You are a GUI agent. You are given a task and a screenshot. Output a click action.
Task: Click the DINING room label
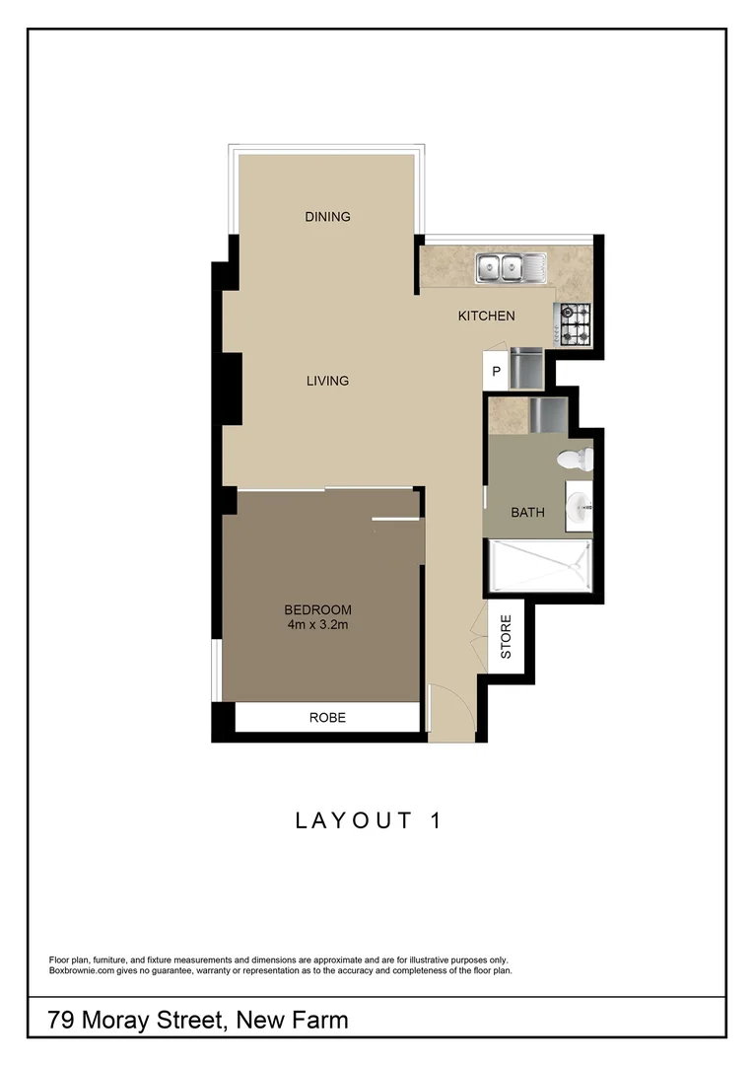coord(327,217)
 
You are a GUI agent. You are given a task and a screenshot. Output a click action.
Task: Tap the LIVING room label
coord(327,381)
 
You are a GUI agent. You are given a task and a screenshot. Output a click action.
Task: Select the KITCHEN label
coord(486,317)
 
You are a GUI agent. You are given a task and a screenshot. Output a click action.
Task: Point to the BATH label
coord(527,513)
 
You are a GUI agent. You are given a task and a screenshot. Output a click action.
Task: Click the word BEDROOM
coord(317,609)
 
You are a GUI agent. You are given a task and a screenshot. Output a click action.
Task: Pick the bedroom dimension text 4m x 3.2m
coord(317,624)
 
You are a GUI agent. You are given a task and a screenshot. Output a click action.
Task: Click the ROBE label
coord(327,718)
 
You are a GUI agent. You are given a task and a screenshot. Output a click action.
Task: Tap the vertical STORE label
coord(506,637)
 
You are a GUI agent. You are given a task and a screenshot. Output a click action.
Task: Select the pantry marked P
coord(496,372)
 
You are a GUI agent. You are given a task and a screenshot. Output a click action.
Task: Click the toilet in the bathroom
coord(575,459)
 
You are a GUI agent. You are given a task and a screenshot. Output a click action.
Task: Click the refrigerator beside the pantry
coord(528,368)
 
